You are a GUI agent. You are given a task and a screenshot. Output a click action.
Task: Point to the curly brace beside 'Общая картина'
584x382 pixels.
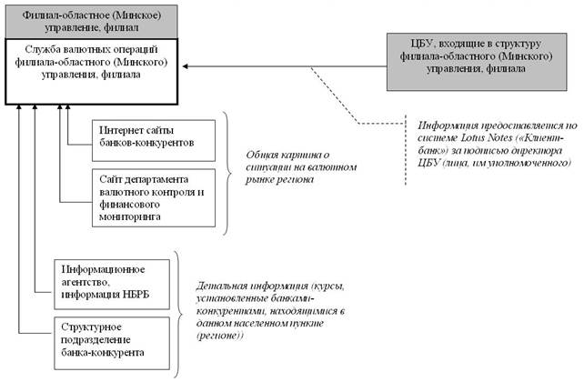(x=229, y=168)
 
